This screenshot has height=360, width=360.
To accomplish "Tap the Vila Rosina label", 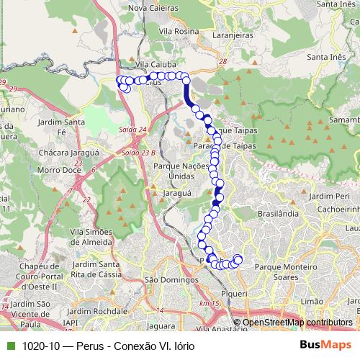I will click(x=179, y=32).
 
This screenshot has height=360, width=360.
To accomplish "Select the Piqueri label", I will click(x=235, y=294).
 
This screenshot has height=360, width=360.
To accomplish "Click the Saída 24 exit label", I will click(x=132, y=129).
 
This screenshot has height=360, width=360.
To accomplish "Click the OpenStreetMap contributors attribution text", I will click(x=297, y=323).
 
